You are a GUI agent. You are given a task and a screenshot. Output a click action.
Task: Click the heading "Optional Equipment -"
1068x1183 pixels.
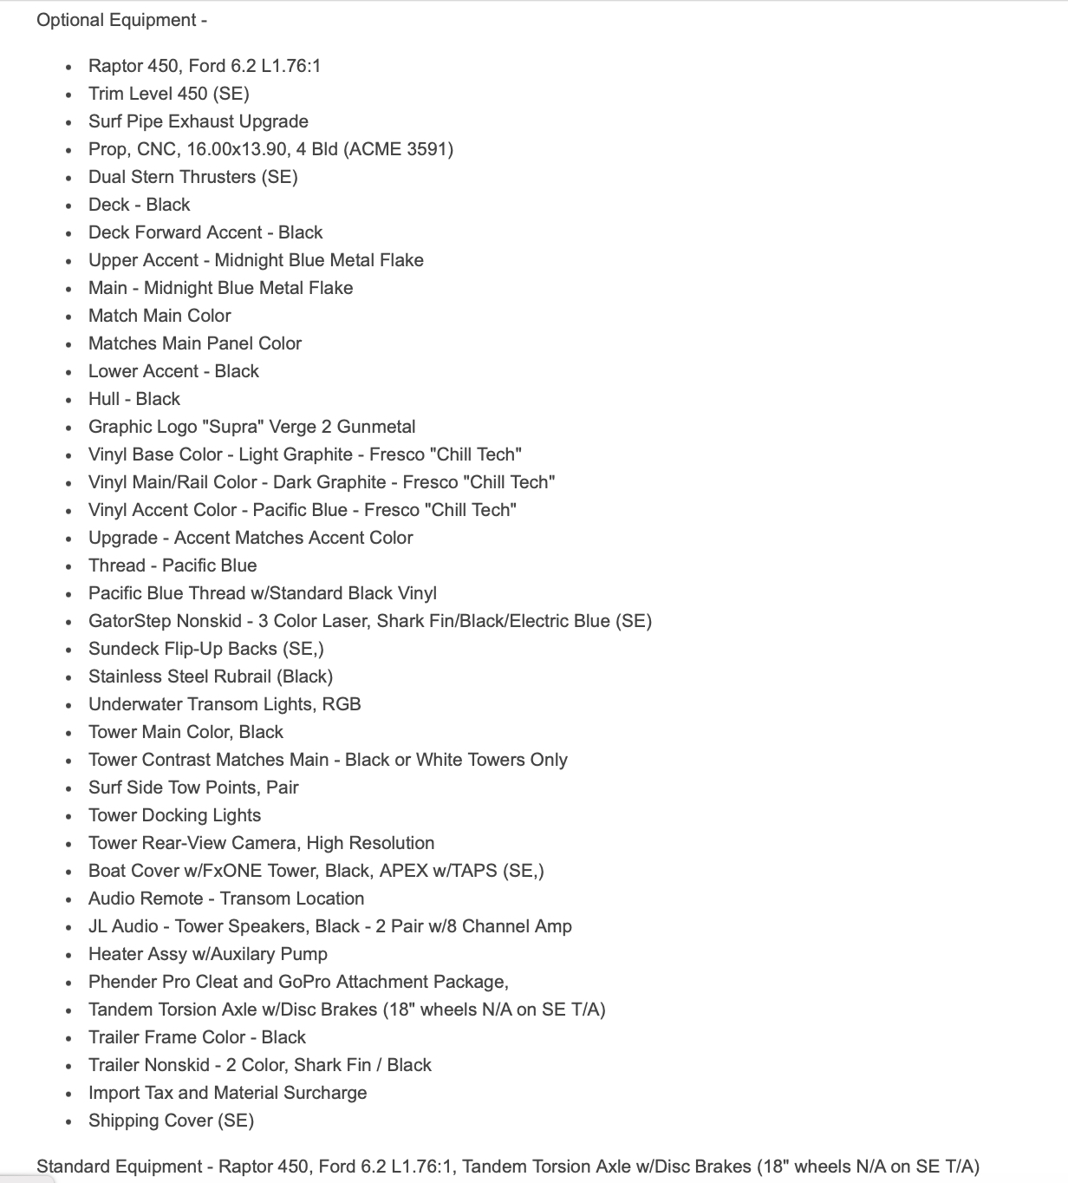[x=121, y=20]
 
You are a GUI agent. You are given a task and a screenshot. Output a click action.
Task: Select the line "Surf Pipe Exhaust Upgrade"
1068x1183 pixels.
[x=198, y=121]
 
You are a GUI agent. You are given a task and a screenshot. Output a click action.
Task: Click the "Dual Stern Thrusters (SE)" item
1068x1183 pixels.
[x=192, y=177]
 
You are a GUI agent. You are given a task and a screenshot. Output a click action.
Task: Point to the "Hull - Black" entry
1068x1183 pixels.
[x=133, y=399]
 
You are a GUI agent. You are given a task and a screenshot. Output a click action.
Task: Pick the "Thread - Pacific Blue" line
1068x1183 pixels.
[x=173, y=565]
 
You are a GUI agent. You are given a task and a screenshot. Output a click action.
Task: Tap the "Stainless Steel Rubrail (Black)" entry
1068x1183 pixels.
[x=210, y=676]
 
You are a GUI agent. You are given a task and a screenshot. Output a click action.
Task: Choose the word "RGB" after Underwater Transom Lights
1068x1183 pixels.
[x=342, y=704]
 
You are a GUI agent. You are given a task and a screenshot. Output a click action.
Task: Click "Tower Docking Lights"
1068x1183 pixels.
[x=174, y=815]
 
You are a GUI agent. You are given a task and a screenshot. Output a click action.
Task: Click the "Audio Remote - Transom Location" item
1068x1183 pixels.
[x=225, y=899]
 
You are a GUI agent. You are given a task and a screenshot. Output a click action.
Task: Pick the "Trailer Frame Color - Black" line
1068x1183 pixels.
[x=197, y=1037]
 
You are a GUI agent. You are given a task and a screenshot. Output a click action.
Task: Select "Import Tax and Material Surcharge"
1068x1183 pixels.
[x=227, y=1093]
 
